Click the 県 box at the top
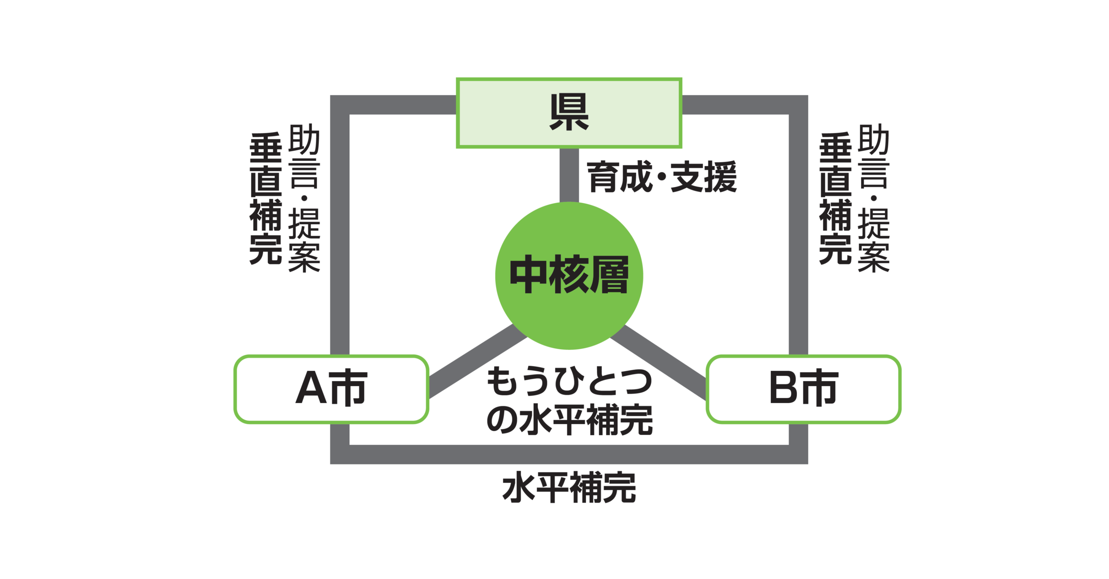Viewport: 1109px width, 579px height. click(x=569, y=113)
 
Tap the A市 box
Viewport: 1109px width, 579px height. click(x=331, y=389)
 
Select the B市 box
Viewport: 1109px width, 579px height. click(x=803, y=389)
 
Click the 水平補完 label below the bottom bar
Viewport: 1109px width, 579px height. click(x=569, y=488)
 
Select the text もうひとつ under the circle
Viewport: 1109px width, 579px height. click(x=569, y=381)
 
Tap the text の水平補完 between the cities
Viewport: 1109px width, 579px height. click(x=569, y=419)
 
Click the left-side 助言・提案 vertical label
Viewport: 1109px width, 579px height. click(x=304, y=198)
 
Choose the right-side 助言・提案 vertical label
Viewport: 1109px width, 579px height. click(x=873, y=198)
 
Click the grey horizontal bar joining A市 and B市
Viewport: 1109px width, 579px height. click(x=569, y=454)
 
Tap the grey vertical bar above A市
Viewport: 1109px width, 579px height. click(x=340, y=233)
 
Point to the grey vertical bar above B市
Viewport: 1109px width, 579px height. click(x=798, y=233)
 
